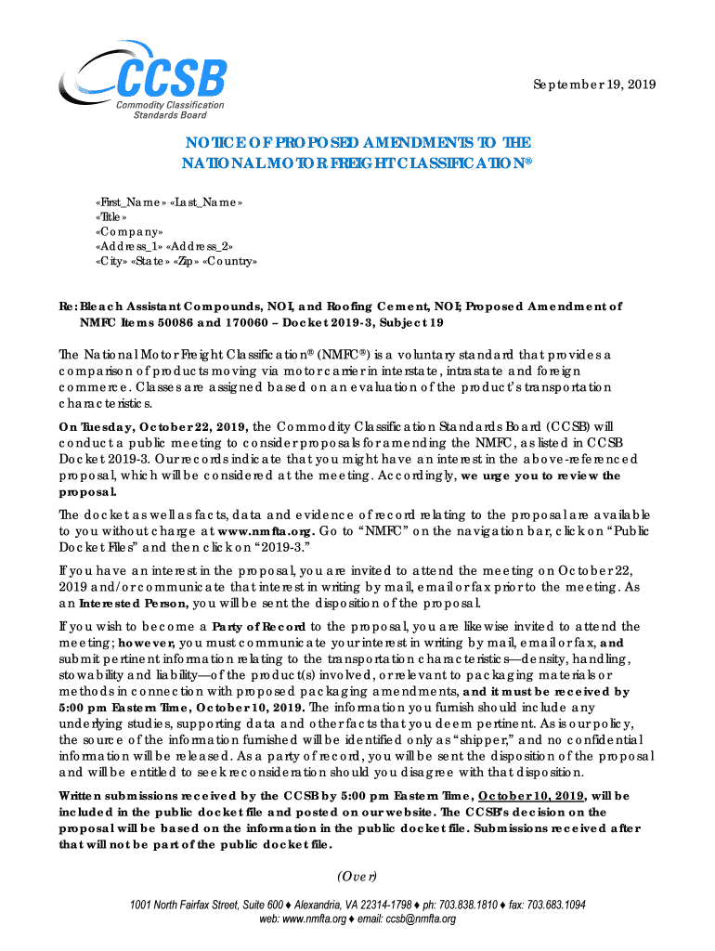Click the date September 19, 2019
pos(593,85)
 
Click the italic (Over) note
pos(357,875)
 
